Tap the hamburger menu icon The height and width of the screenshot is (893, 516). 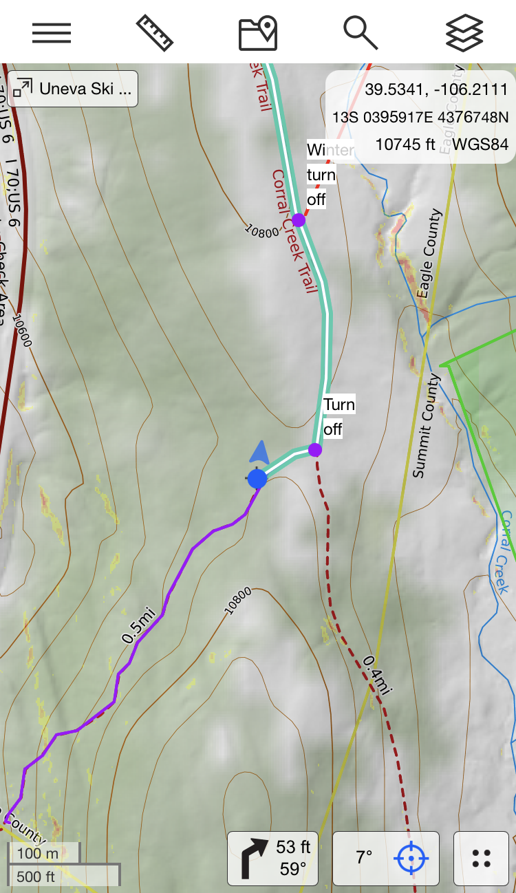click(52, 32)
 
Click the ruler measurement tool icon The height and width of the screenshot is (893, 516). click(155, 32)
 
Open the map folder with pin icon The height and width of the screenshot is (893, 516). click(258, 33)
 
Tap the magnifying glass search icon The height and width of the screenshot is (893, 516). click(361, 32)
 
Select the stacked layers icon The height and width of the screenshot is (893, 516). click(464, 32)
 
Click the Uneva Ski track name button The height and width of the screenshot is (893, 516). click(73, 89)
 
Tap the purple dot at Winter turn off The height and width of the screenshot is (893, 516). click(299, 220)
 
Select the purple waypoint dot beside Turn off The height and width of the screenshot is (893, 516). click(315, 450)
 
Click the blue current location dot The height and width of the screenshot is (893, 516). click(257, 478)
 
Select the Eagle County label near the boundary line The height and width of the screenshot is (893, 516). click(428, 255)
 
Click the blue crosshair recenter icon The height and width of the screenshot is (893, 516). click(411, 858)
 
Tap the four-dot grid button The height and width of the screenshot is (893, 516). click(482, 858)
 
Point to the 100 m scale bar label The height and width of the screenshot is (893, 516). click(39, 854)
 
